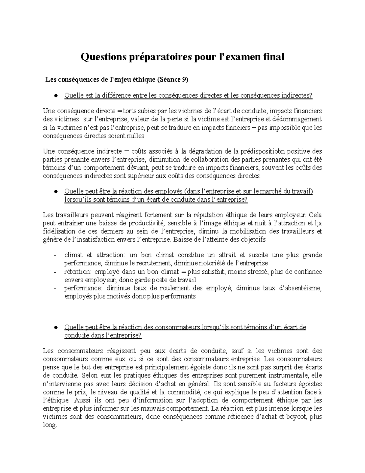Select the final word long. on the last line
click(x=50, y=425)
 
